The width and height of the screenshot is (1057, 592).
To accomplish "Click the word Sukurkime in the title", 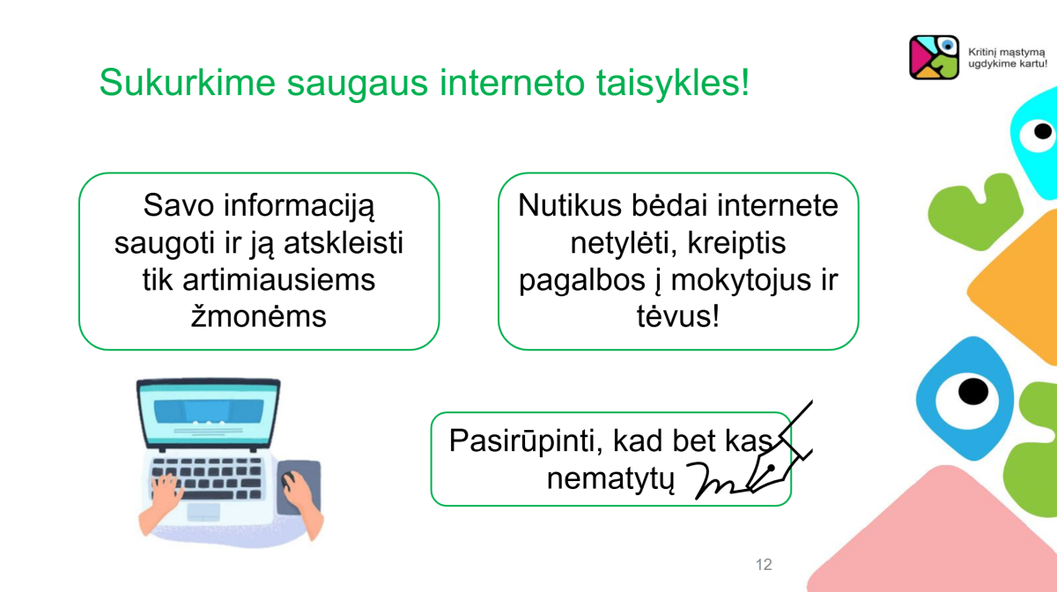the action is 187,82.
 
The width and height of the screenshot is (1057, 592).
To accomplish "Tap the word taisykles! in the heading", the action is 673,83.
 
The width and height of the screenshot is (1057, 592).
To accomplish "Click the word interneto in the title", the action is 512,83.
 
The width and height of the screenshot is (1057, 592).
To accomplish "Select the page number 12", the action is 764,564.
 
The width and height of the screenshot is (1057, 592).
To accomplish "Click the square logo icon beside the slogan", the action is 934,57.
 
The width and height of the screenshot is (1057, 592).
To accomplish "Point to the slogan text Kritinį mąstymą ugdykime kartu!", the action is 1008,57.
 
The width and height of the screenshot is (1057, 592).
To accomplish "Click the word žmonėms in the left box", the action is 259,316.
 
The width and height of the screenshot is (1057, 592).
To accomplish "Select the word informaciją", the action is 299,206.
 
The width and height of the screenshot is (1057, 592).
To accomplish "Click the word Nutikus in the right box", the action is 570,205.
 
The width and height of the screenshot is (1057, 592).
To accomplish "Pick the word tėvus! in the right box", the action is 678,316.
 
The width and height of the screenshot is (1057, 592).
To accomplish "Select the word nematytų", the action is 610,478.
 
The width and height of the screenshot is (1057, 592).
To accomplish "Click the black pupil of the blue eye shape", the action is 973,391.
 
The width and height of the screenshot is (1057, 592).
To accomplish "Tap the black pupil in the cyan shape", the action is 1043,130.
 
